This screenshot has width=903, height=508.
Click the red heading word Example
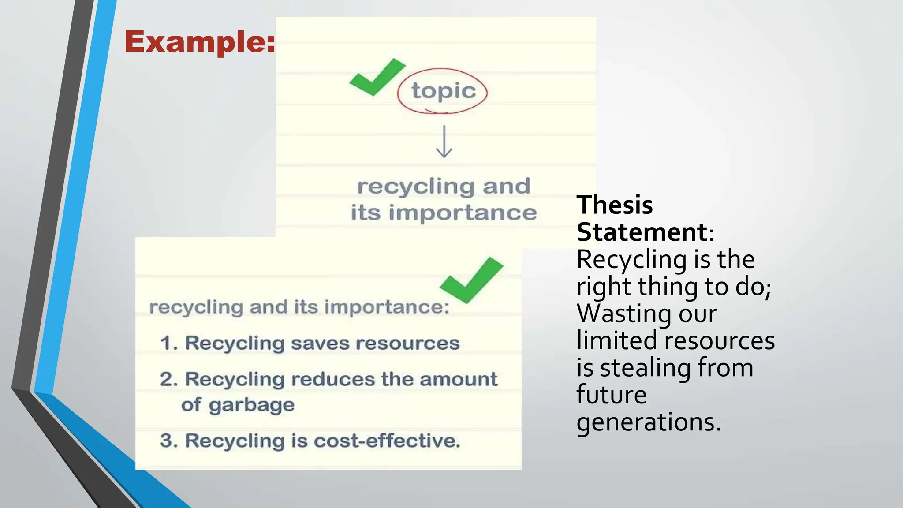[199, 42]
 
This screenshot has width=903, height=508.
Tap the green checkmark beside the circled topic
[377, 77]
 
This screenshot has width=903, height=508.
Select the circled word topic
[444, 91]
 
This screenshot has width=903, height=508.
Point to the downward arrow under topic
[444, 142]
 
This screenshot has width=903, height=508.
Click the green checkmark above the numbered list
[471, 280]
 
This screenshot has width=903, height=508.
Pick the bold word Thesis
[615, 205]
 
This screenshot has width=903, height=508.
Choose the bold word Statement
[642, 232]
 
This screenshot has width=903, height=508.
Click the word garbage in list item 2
[251, 405]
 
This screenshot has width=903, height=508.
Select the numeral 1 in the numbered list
[167, 343]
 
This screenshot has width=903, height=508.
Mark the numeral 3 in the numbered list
[167, 441]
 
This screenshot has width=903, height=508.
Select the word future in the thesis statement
[612, 395]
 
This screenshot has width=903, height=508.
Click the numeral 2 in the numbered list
[167, 379]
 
